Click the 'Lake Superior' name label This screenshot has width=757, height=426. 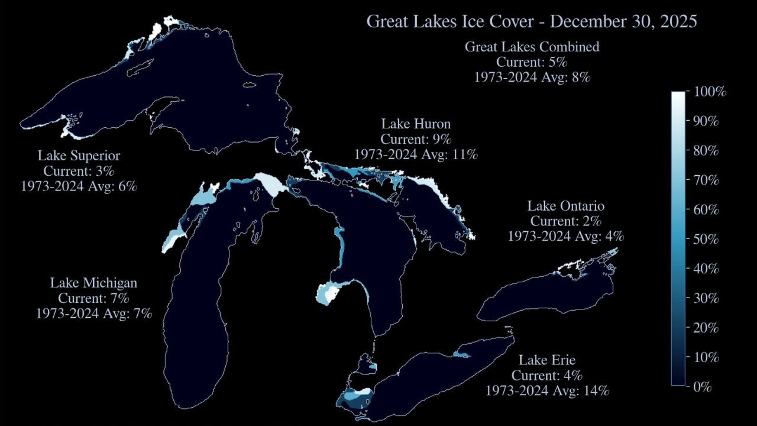[x=79, y=156]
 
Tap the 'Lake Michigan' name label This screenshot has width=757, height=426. [x=93, y=283]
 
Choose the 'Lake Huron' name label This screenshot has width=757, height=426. [x=416, y=124]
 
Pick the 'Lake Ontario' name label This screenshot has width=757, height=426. [x=565, y=206]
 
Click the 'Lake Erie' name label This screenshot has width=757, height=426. [x=547, y=360]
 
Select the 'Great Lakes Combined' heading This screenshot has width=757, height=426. [x=532, y=47]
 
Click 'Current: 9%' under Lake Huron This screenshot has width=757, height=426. [x=416, y=140]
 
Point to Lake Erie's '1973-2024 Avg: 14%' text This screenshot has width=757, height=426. [x=547, y=390]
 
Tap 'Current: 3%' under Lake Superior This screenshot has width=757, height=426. [x=79, y=170]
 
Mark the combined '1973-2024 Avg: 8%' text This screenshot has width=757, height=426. [x=532, y=77]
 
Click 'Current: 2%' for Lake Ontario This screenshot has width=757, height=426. [x=565, y=221]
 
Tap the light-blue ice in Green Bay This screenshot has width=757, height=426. [x=175, y=236]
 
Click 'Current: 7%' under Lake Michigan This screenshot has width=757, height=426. [x=93, y=298]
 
